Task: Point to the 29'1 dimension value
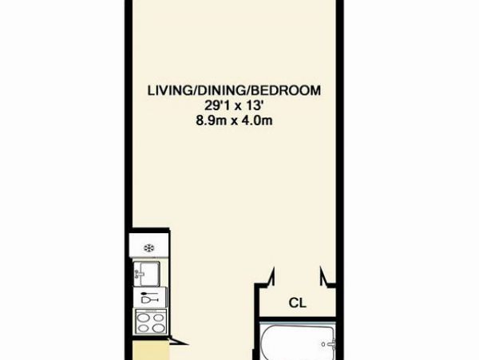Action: point(215,106)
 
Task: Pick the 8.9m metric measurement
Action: point(211,121)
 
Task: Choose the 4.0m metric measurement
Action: point(257,121)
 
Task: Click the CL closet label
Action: point(297,303)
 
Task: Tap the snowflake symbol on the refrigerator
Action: point(149,248)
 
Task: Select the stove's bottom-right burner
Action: point(158,328)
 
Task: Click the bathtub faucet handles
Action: point(331,344)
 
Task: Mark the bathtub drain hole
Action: point(323,344)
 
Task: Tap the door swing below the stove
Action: point(178,341)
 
